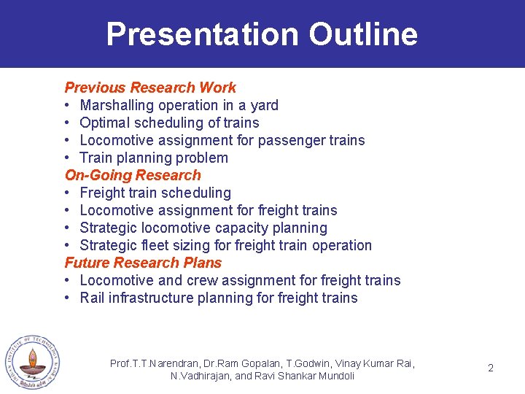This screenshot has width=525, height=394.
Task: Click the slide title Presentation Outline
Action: [262, 34]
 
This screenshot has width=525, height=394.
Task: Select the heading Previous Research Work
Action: [150, 88]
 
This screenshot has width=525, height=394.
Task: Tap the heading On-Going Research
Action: [133, 175]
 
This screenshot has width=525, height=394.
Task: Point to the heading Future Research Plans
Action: [143, 263]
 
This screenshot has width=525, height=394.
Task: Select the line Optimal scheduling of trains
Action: [169, 123]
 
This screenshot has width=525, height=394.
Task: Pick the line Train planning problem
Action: [153, 158]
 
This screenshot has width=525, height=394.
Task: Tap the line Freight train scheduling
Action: [155, 193]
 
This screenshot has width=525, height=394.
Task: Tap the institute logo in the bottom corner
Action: [31, 362]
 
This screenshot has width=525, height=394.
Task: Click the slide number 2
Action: [491, 368]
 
